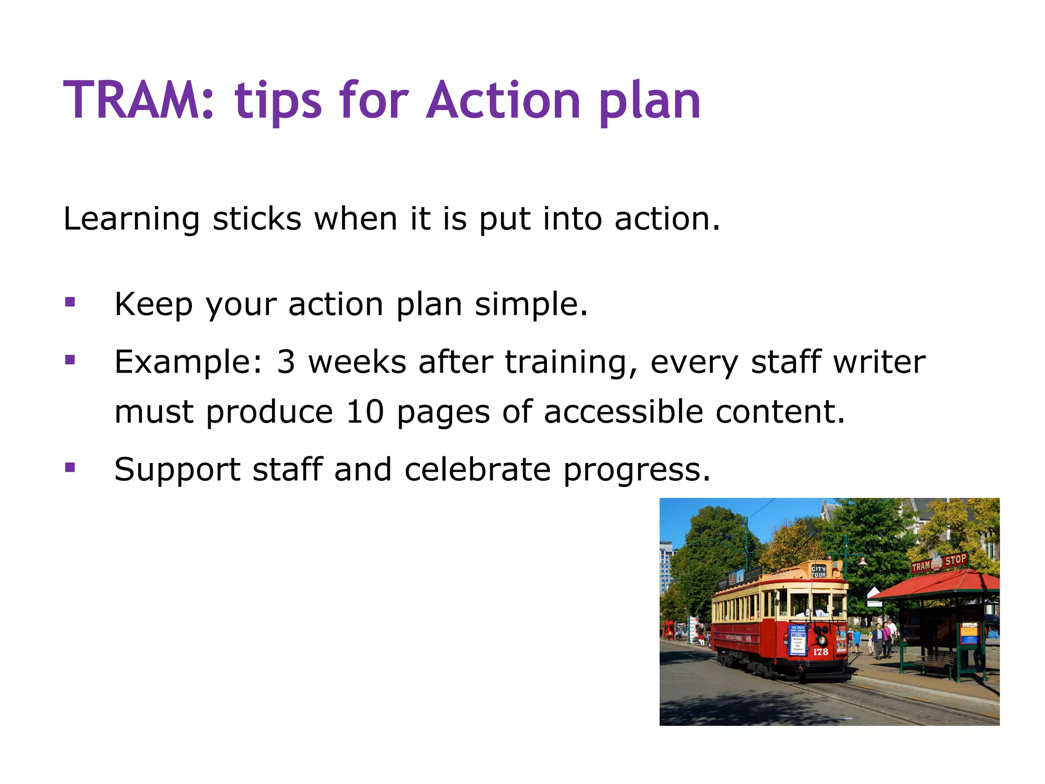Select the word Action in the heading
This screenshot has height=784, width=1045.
503,101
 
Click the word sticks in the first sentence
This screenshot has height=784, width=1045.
257,220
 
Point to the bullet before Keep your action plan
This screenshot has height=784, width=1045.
70,303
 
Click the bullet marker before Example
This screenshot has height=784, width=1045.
70,360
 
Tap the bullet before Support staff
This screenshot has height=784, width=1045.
70,468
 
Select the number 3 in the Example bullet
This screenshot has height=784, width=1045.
286,362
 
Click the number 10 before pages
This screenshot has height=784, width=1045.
365,412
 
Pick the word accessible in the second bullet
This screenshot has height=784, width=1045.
623,412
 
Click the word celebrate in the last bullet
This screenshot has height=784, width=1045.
477,470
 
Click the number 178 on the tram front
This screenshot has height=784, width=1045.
820,652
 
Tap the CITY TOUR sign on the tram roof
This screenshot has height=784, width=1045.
818,572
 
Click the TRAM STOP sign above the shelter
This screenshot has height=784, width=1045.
939,563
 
